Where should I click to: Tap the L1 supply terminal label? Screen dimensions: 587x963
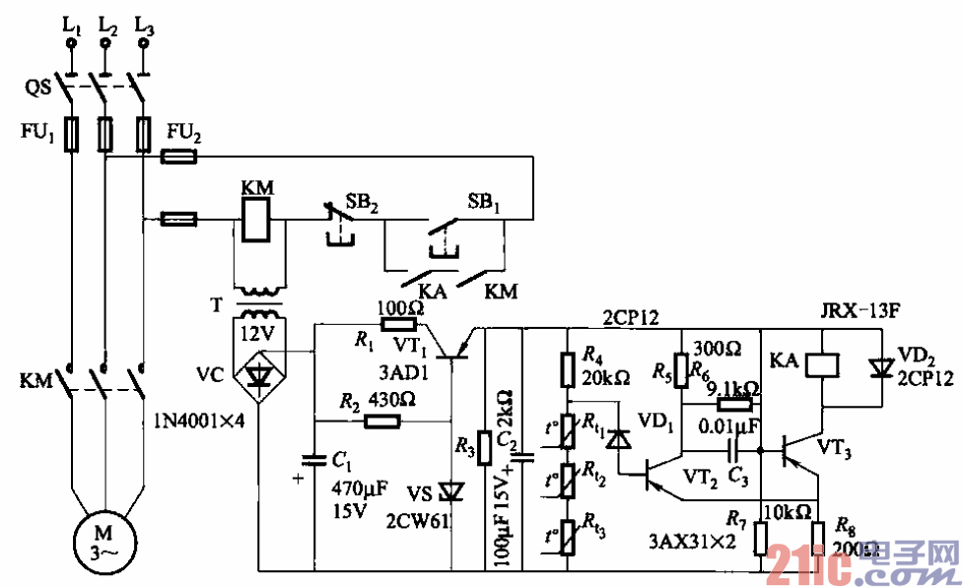click(71, 27)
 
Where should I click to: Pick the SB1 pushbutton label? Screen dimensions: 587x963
click(483, 205)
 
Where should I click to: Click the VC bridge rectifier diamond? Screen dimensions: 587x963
click(258, 375)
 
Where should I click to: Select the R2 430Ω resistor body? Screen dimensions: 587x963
click(381, 421)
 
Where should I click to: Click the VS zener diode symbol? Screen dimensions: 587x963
click(451, 489)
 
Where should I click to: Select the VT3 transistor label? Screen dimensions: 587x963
click(836, 449)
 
